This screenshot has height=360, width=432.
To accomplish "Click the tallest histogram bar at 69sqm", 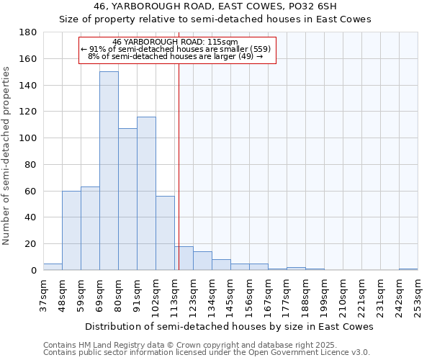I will [x=109, y=171].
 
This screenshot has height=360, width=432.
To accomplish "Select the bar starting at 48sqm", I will [x=71, y=230].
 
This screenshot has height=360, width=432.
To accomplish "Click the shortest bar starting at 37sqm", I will [x=53, y=267].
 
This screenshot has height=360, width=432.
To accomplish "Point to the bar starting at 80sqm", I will [x=127, y=199].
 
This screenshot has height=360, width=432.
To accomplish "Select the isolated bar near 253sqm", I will [x=408, y=269].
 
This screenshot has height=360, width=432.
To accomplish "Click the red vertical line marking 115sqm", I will [x=179, y=180].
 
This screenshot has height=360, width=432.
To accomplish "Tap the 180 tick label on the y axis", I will [x=29, y=32].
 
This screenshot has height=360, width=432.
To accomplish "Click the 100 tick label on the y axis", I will [x=29, y=138].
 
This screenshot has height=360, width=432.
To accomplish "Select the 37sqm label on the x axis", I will [x=43, y=294].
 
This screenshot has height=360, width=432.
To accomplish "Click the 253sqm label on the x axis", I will [x=418, y=294].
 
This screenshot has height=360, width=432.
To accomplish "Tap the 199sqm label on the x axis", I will [x=324, y=294].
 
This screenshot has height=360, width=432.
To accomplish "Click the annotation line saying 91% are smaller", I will [x=176, y=49].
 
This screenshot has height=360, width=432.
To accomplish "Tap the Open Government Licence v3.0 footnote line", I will [x=206, y=353].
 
